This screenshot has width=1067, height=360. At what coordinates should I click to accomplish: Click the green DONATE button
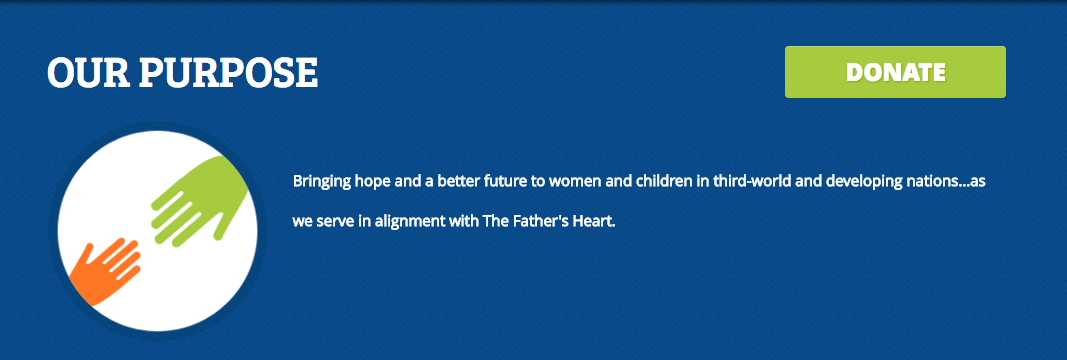click(x=895, y=72)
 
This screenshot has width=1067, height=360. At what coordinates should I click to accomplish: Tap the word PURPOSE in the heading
click(x=228, y=72)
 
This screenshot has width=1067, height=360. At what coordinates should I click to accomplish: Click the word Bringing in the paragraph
click(x=323, y=182)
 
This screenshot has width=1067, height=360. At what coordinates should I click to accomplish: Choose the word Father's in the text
click(x=540, y=219)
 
